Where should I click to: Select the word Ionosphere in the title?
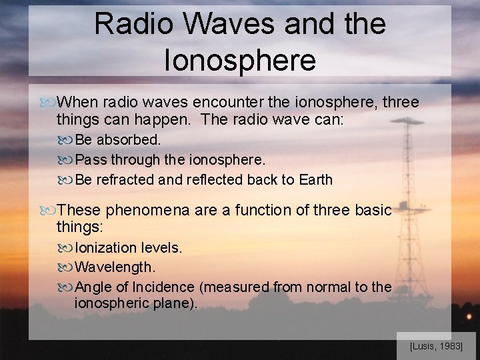point(239,60)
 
